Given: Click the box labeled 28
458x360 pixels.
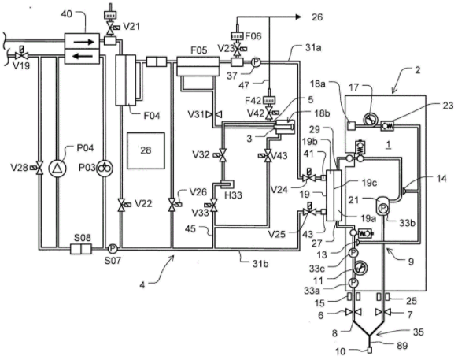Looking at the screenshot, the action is (146, 151).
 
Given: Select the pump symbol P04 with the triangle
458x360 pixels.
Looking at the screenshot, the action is (57, 168).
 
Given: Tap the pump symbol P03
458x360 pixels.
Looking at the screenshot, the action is (105, 168).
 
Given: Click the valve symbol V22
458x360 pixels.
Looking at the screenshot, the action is (121, 204).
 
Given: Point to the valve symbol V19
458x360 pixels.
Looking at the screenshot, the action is (21, 54).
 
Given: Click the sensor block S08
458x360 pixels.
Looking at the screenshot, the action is (81, 249).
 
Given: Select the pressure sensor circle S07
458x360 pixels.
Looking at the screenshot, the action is (113, 249).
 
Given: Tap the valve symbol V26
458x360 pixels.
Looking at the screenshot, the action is (173, 204).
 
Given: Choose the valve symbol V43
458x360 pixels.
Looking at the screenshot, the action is (267, 155).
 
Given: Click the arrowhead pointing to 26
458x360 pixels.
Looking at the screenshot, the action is (298, 17).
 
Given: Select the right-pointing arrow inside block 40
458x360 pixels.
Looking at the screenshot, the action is (84, 42).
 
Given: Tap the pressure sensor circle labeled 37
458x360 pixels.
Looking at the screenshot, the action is (256, 62).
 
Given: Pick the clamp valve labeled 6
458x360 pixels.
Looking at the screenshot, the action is (353, 312).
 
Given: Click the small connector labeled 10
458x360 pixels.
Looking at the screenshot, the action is (370, 350).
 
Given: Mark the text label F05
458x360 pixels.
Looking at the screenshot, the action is (199, 50).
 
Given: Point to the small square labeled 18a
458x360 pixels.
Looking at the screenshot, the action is (352, 125).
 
